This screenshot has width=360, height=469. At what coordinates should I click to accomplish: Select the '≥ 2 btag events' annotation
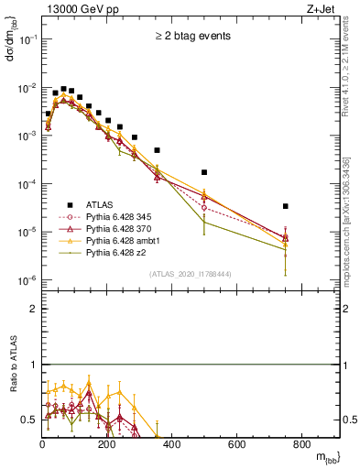[x=192, y=38]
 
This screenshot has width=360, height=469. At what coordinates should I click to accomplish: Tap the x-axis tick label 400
[x=172, y=446]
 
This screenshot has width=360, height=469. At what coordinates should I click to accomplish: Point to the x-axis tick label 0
[x=43, y=446]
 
